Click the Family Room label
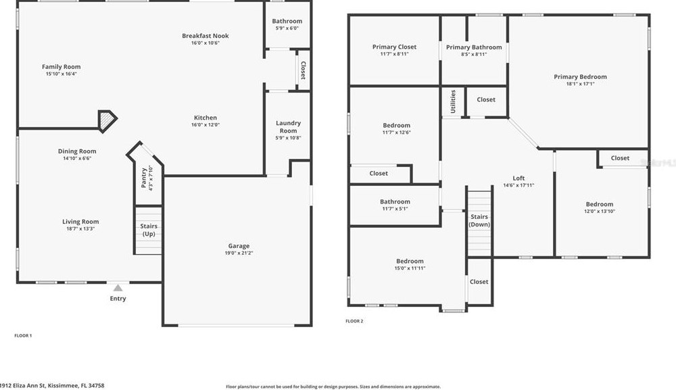coord(62,67)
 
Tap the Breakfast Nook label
coord(206,36)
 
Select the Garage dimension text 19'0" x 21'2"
coord(239,253)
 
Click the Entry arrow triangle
coord(118,288)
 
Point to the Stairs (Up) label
coord(148,230)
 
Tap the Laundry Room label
coord(289,126)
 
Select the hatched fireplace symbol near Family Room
coord(106,120)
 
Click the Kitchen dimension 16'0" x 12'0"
coord(206,125)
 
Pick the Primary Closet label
coord(394,47)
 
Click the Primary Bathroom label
coord(474,47)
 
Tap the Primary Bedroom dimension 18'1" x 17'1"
coord(580,84)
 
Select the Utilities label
coord(453,101)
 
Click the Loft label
coord(518,178)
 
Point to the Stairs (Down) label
coord(479,220)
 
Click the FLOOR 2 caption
coord(354,321)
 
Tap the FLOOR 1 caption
coord(23,335)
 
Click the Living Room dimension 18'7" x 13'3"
coord(80,229)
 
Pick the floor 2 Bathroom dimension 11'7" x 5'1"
coord(394,209)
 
